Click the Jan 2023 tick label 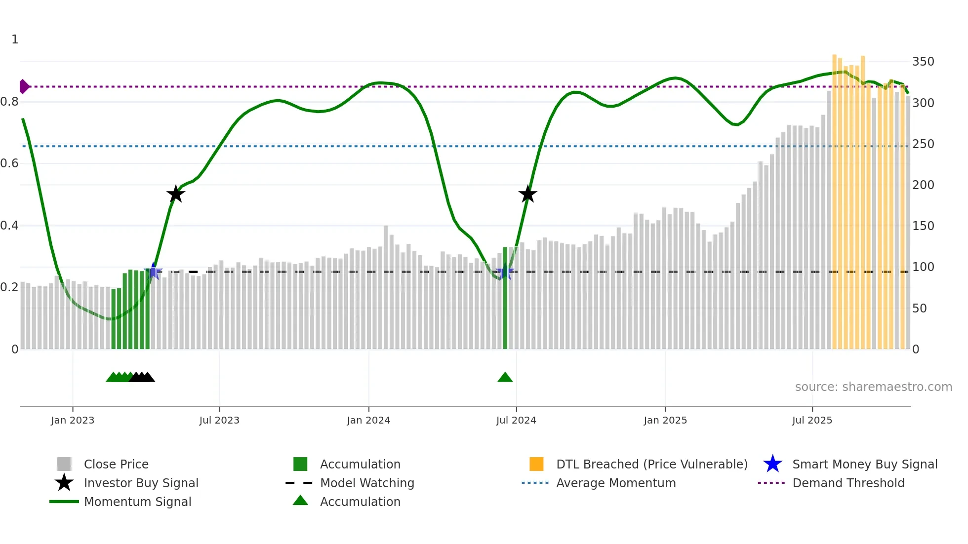click(72, 420)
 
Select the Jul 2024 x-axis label click(516, 420)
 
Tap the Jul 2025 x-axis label click(812, 420)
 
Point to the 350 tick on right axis click(923, 62)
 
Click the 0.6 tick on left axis click(9, 163)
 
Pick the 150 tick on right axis click(923, 226)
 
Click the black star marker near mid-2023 click(175, 194)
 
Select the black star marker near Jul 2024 click(527, 194)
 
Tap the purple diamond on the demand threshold click(24, 86)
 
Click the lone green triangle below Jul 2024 click(505, 378)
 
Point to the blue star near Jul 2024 click(504, 272)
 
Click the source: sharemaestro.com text click(873, 387)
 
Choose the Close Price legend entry click(116, 464)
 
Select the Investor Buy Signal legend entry click(141, 483)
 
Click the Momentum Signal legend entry click(137, 502)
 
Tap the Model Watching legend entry click(367, 483)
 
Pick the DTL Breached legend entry click(651, 464)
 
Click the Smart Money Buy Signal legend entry click(864, 464)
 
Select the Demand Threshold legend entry click(848, 483)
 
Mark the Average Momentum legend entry click(615, 483)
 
